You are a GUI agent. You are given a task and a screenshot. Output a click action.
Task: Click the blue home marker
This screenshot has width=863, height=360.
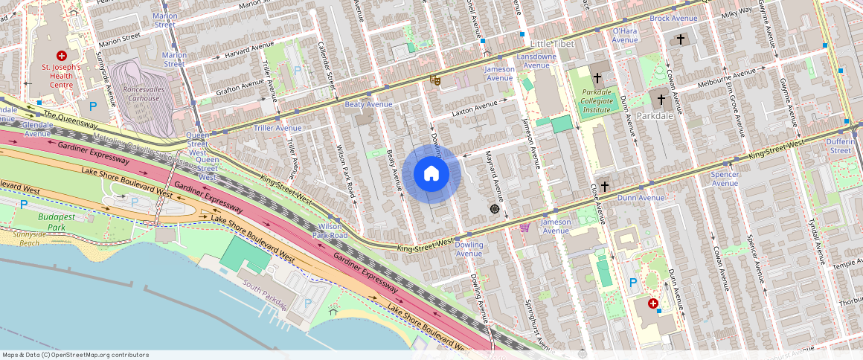coord(431,174)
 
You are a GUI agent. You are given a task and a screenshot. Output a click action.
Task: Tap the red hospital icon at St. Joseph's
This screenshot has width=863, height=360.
coord(62,56)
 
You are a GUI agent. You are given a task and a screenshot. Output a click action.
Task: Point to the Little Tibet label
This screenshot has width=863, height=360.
coord(551,45)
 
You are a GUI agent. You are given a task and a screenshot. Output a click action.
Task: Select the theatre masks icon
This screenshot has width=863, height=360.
coord(434,80)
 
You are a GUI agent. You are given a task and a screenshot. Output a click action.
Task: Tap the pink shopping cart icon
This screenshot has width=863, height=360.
coord(524,228)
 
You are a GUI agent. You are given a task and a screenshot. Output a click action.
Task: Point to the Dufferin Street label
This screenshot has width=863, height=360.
coord(841,146)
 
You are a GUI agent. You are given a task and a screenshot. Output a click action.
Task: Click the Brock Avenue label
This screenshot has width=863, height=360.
coord(673,18)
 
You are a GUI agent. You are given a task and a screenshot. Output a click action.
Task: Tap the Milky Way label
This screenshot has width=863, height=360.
coord(737,13)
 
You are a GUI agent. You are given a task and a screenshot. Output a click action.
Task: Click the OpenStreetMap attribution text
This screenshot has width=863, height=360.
coord(75,355)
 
